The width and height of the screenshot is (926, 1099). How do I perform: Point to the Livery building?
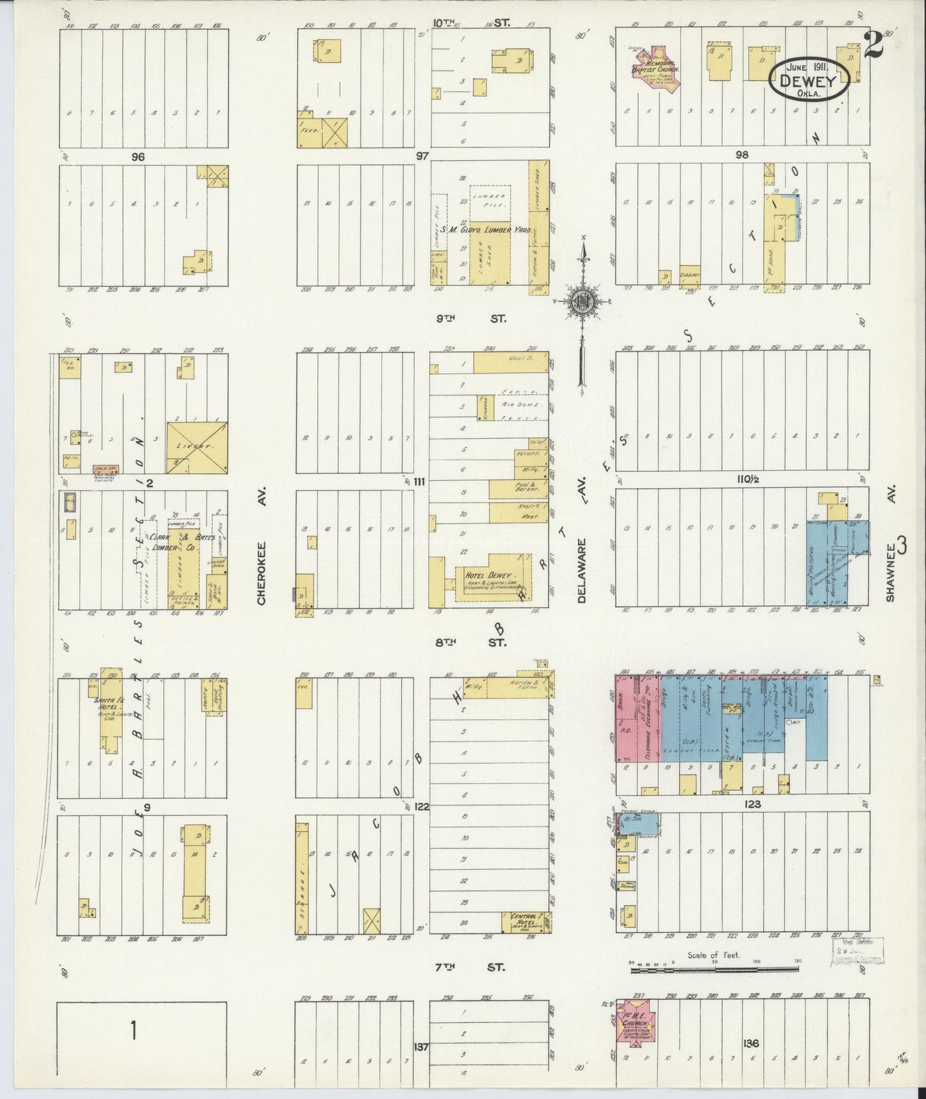point(197,447)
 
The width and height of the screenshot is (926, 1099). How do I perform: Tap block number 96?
point(137,156)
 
